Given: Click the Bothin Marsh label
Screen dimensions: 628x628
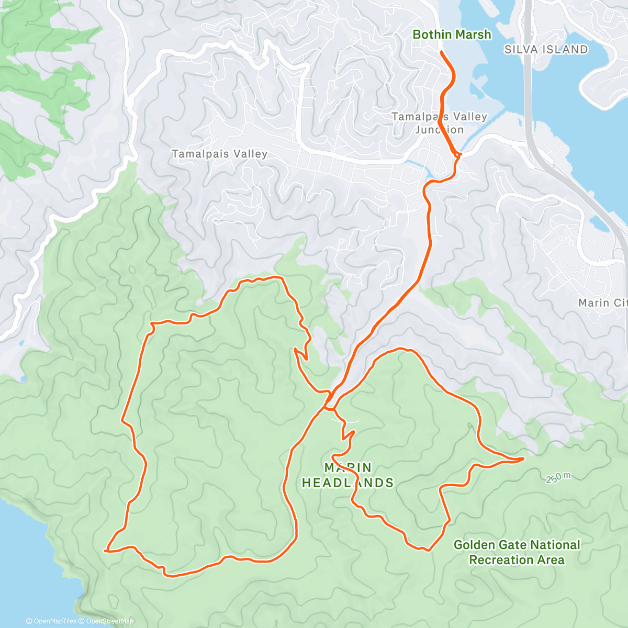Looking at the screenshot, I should (452, 35).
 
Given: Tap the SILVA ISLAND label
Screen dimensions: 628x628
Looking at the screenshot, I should (546, 50).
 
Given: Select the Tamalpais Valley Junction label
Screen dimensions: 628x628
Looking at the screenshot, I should (440, 123).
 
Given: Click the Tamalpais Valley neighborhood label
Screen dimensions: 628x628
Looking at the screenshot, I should (219, 154).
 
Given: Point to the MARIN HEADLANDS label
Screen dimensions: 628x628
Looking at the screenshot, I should (347, 475).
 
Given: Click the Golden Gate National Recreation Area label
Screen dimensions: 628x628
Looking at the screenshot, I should (517, 552).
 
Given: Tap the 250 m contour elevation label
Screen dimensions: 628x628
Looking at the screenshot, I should (558, 477).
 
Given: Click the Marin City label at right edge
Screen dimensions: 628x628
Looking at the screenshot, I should (602, 302).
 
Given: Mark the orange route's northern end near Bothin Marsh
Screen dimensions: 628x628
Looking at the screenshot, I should (442, 52).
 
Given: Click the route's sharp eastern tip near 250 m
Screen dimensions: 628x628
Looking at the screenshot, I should (523, 458).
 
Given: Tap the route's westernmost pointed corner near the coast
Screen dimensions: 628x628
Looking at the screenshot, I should (106, 550).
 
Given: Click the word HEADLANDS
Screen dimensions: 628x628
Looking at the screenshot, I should (347, 483).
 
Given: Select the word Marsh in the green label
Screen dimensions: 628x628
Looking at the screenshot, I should (473, 35).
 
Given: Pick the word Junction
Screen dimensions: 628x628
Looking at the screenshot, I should (440, 130).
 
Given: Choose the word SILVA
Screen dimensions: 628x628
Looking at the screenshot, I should (521, 50).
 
